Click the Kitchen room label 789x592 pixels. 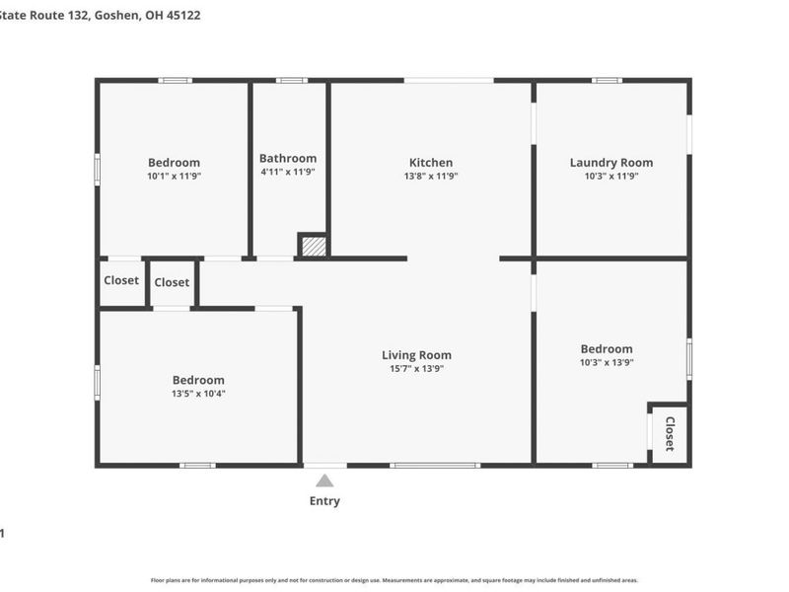(x=431, y=163)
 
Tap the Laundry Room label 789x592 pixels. (x=610, y=163)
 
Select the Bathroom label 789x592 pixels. (x=288, y=158)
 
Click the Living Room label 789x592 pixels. (x=416, y=355)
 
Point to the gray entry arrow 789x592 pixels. (x=324, y=481)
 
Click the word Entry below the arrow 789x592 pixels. (x=324, y=501)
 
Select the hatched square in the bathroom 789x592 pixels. (x=313, y=246)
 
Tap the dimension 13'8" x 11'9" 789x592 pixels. (x=431, y=176)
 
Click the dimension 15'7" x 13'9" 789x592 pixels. (x=416, y=369)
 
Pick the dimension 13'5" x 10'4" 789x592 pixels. (x=198, y=394)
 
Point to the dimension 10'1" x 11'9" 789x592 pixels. (x=174, y=176)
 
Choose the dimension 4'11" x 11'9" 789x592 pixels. (x=288, y=172)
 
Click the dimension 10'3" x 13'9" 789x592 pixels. (x=607, y=362)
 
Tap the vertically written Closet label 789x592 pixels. (x=670, y=434)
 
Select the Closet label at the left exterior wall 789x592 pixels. (x=121, y=280)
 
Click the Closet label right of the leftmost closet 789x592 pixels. (x=172, y=282)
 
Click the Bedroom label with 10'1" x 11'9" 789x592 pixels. (x=174, y=163)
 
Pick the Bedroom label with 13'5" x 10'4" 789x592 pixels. (x=198, y=380)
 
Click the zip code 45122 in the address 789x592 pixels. (x=183, y=16)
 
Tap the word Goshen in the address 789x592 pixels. (x=116, y=16)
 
